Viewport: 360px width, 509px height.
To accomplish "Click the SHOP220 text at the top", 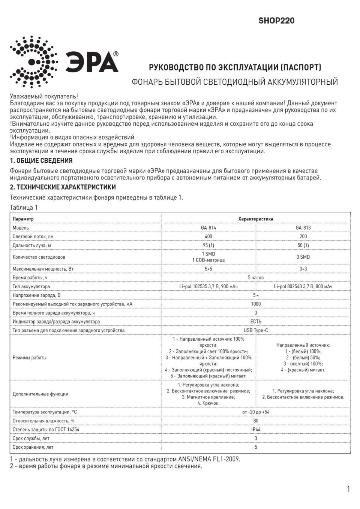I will tap(276, 21).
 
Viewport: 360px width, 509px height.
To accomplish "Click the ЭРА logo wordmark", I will tap(92, 62).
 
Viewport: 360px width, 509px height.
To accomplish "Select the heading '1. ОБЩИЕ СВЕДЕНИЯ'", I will tap(41, 161).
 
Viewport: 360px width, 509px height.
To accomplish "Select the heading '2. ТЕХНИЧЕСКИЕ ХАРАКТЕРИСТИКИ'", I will tap(63, 187).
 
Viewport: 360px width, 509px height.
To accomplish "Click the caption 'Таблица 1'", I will tap(24, 207).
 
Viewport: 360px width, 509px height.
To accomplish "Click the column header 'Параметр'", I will tap(23, 219).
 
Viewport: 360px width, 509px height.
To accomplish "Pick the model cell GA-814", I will tap(208, 228).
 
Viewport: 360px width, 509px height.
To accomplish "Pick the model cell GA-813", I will tap(303, 228).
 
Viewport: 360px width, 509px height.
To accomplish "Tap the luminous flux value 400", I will tap(208, 237).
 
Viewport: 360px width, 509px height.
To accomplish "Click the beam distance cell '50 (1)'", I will tap(303, 245).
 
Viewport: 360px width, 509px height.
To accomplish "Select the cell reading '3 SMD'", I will tap(303, 257).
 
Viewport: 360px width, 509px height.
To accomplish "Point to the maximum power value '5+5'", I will tap(208, 269).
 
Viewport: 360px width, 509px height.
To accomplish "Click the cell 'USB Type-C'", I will tap(256, 330).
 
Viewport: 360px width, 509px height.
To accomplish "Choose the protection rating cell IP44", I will tap(256, 430).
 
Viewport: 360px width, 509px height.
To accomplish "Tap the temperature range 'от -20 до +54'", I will tap(256, 412).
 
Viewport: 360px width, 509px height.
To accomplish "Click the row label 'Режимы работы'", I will tap(30, 358).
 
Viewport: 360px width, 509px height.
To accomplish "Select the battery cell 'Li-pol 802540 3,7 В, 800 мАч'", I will tap(303, 286).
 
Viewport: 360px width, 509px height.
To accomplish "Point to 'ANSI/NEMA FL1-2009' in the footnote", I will tap(210, 459).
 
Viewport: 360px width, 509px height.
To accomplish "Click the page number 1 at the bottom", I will tap(348, 489).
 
